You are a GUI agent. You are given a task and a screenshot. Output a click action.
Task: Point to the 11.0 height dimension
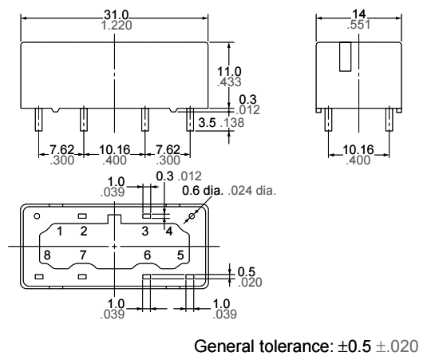(230, 69)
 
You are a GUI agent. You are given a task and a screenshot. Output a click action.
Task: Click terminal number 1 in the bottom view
(58, 232)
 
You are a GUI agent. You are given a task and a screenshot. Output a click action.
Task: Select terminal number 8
(47, 254)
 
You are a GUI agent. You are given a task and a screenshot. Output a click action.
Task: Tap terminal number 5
(180, 254)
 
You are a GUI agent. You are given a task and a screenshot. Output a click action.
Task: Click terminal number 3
(145, 232)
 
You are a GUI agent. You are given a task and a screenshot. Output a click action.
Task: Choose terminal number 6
(147, 254)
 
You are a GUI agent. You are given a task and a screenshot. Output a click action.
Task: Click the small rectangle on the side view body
(346, 57)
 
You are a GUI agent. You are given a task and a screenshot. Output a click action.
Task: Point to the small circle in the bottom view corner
(37, 216)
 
